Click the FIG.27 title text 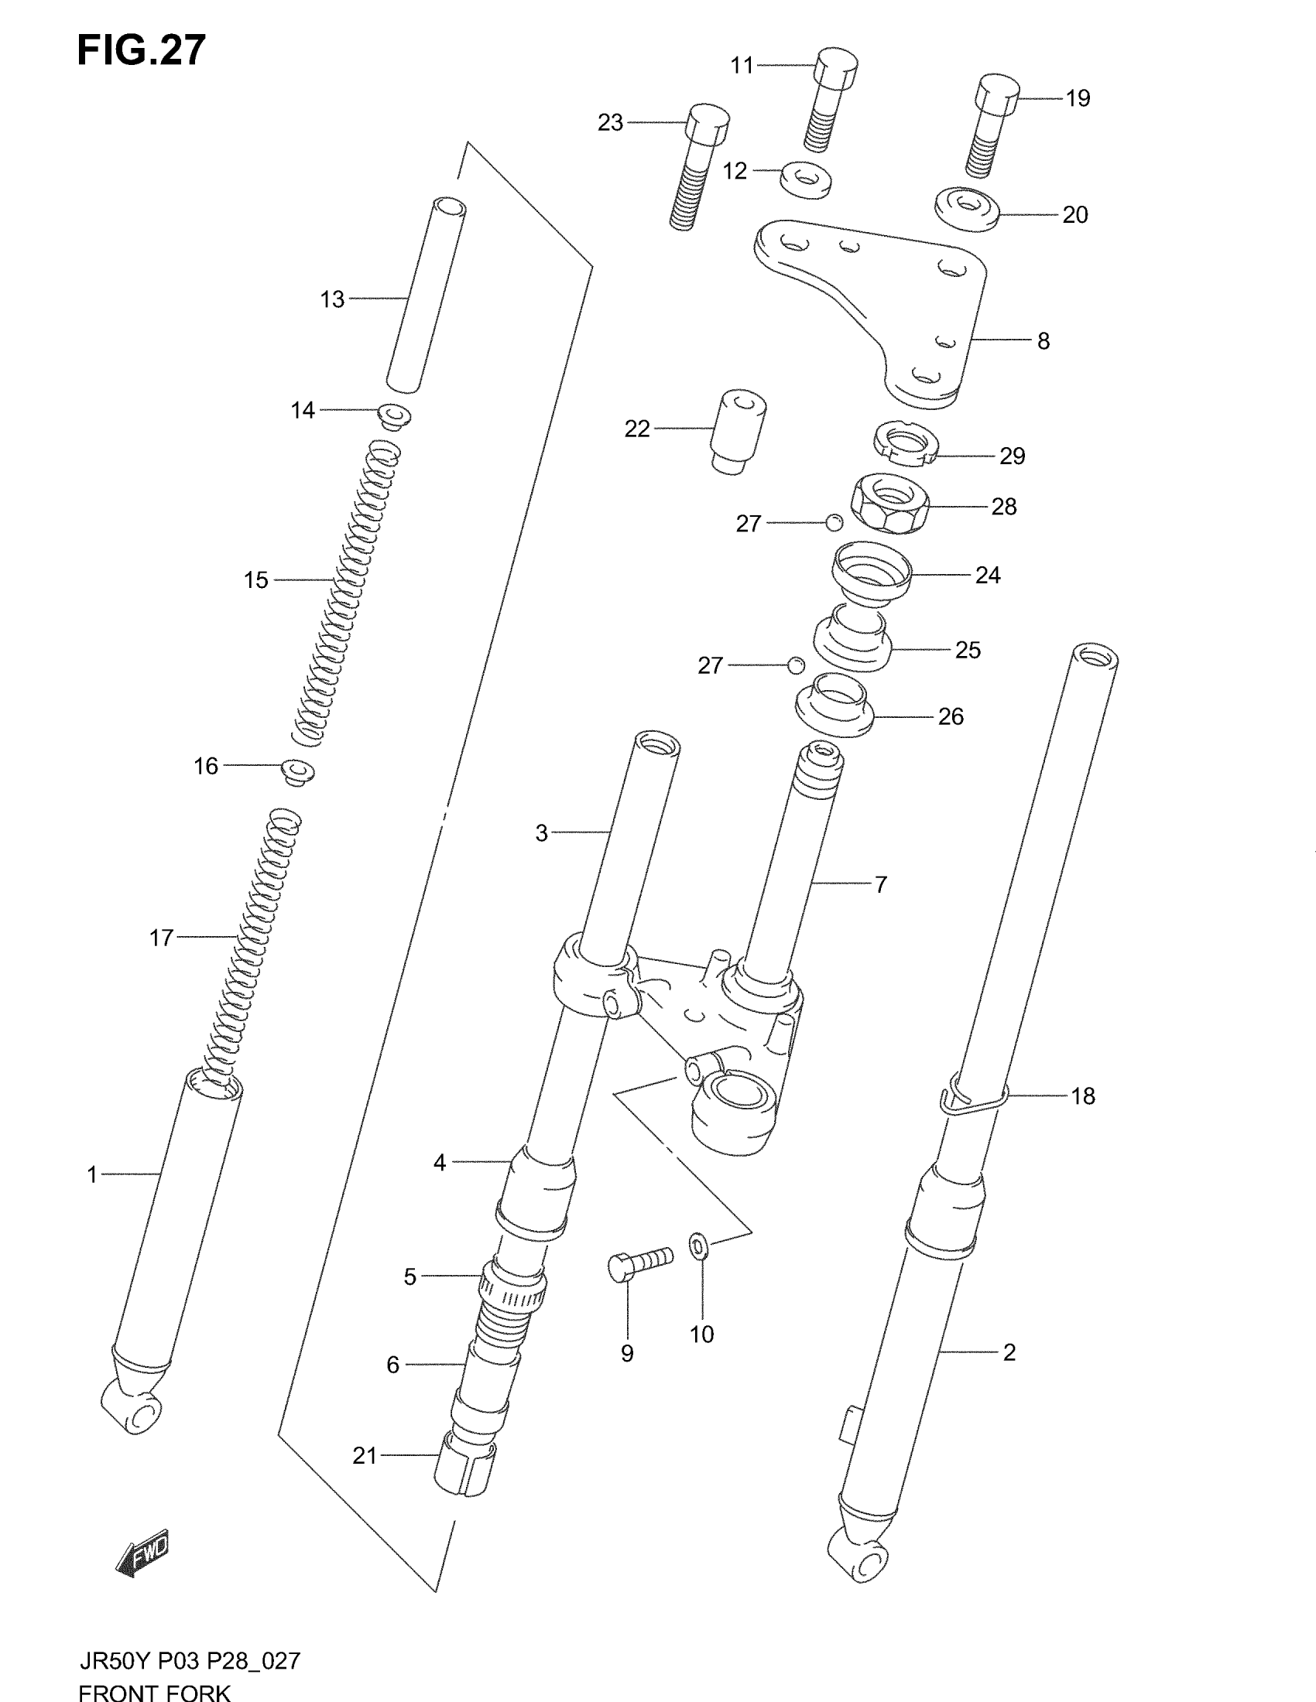point(141,50)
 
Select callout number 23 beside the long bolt point(611,122)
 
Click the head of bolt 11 point(836,67)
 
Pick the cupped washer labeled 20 point(968,208)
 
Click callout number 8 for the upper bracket point(1044,341)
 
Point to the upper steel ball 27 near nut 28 point(834,522)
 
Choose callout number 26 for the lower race point(951,716)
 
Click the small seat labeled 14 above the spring point(394,415)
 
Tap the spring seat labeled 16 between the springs point(298,771)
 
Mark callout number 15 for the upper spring point(255,579)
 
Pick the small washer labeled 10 point(698,1246)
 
